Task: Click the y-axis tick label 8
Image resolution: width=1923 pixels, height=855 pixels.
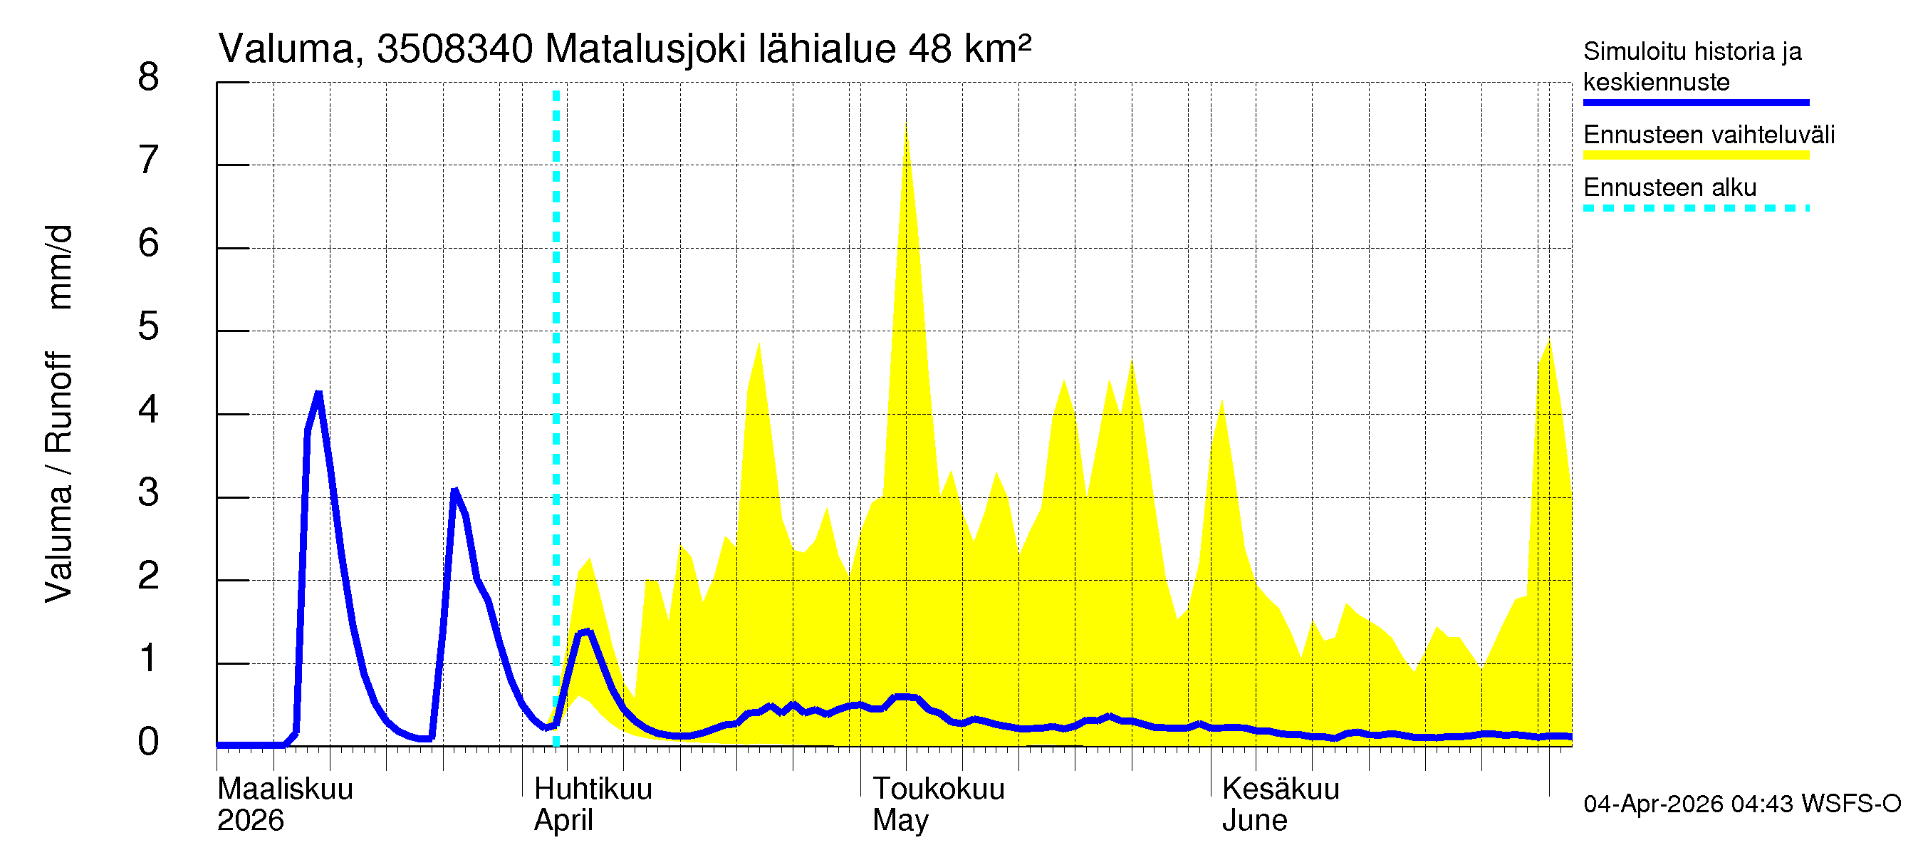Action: (149, 78)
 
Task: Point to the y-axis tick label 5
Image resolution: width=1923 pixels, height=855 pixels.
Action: (149, 327)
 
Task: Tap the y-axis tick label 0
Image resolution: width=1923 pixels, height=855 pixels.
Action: (149, 742)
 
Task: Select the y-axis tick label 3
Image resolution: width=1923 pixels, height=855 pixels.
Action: (149, 493)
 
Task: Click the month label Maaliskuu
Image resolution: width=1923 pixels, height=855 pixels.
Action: (285, 789)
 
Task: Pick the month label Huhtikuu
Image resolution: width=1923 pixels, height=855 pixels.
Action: (593, 789)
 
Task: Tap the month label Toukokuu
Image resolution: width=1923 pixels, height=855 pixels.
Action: (939, 789)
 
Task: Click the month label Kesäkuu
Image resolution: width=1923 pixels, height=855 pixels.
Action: (1281, 789)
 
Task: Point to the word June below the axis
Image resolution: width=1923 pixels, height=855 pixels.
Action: (1254, 821)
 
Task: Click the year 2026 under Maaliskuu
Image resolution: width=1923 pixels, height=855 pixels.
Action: (250, 821)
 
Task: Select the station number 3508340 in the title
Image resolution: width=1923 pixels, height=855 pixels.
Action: (454, 49)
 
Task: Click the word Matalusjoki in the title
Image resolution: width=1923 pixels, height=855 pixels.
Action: (646, 49)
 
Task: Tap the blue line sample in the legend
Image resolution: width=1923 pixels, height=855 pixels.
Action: (1695, 103)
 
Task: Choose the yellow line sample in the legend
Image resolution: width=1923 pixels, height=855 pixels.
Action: (1695, 155)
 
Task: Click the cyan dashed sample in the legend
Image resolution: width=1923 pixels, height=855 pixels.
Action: (1695, 208)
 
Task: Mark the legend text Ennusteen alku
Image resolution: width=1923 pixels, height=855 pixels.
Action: (1669, 187)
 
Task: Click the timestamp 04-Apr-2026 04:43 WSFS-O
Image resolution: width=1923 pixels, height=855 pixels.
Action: (1741, 804)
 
